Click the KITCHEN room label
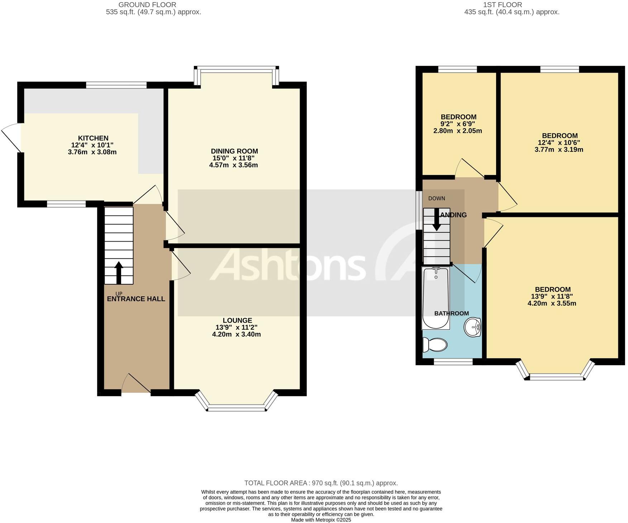click(93, 138)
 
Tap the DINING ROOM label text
click(234, 151)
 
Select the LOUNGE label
click(237, 320)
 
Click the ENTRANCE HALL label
click(136, 299)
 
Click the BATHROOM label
click(451, 314)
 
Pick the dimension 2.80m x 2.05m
click(457, 131)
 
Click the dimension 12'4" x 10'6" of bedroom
click(559, 142)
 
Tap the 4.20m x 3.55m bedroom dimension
click(552, 304)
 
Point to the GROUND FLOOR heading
click(147, 5)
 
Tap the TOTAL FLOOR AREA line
click(321, 483)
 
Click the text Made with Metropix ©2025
click(321, 520)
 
